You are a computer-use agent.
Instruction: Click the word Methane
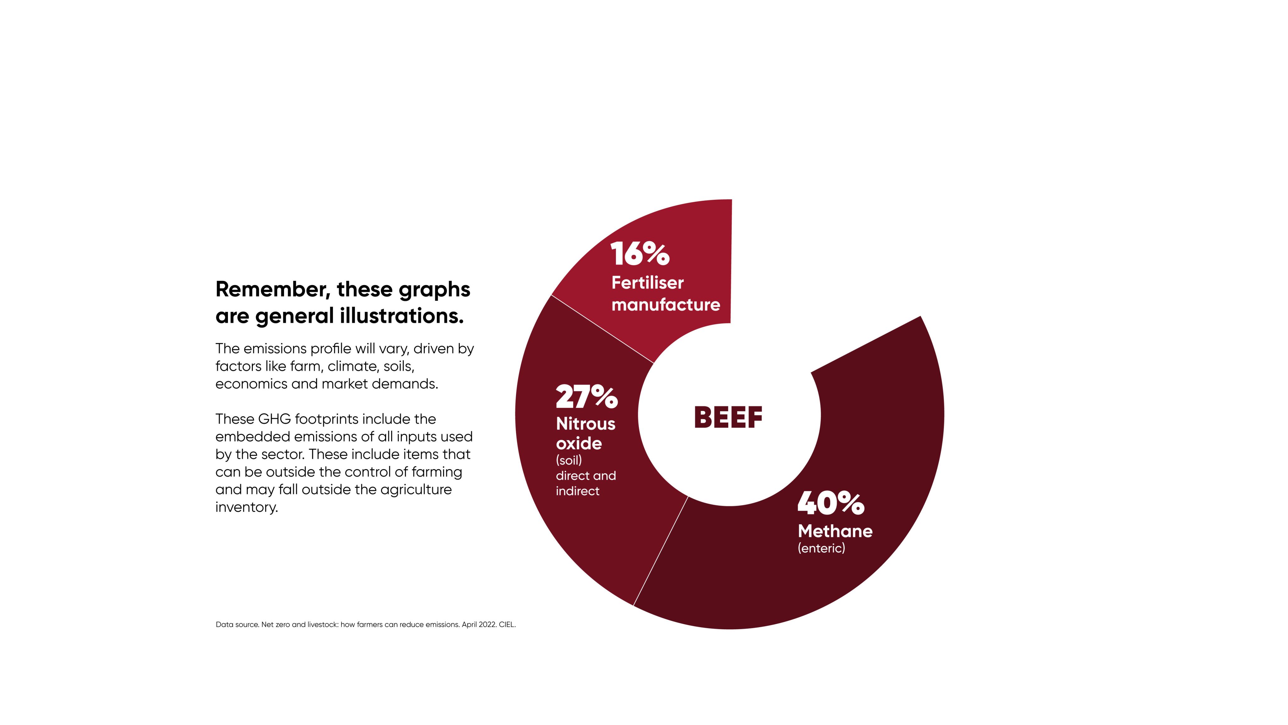[835, 531]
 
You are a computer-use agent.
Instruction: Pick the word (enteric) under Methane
[821, 548]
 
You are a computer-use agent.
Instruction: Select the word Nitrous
[586, 424]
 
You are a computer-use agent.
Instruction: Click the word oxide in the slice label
[579, 443]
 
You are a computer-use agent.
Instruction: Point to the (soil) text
[569, 460]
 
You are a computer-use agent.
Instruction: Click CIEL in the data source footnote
[507, 624]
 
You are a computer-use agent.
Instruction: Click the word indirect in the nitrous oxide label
[578, 491]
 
